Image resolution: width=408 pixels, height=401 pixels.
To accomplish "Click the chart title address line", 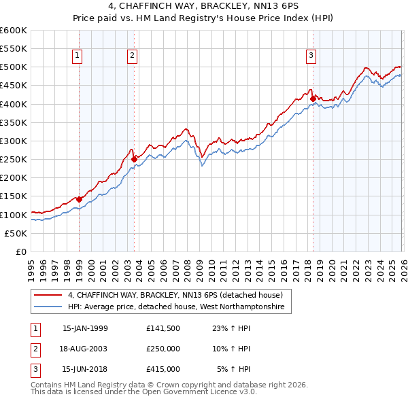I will (x=204, y=7).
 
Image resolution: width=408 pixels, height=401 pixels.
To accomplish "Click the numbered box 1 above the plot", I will (x=78, y=56).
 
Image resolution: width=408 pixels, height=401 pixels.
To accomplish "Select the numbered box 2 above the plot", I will (x=132, y=56).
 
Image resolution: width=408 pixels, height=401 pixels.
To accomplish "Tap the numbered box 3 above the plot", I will (x=311, y=56).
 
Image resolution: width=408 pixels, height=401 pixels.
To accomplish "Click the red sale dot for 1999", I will (x=79, y=199).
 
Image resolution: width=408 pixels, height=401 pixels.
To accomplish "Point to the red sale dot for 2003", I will (x=134, y=159).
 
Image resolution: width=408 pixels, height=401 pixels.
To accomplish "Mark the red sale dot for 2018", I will (x=313, y=99).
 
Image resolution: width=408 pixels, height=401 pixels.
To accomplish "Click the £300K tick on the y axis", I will (x=14, y=141).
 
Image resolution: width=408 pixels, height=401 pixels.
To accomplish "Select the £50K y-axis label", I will (x=16, y=233).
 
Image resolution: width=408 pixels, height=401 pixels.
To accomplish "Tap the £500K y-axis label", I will (x=14, y=67).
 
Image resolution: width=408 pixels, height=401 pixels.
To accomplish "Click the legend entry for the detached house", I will (x=170, y=296).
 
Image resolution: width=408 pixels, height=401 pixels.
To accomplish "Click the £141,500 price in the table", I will (x=163, y=328).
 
